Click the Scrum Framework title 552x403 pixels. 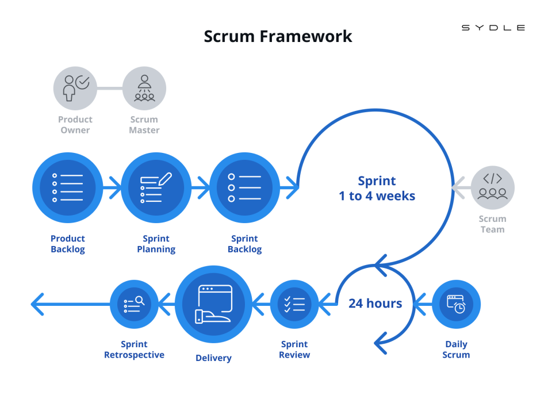pyautogui.click(x=278, y=36)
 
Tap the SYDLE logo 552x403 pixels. pyautogui.click(x=493, y=28)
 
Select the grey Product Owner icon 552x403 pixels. pyautogui.click(x=75, y=88)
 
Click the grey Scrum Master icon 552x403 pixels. pyautogui.click(x=144, y=88)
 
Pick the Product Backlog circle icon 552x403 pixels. pyautogui.click(x=67, y=187)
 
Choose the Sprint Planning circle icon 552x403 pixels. pyautogui.click(x=156, y=187)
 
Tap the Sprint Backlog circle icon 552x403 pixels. pyautogui.click(x=244, y=187)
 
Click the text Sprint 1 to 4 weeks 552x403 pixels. pyautogui.click(x=377, y=188)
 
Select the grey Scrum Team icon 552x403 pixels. pyautogui.click(x=493, y=187)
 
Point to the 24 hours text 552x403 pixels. pyautogui.click(x=375, y=303)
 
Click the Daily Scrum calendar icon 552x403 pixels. pyautogui.click(x=456, y=304)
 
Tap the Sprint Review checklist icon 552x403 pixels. pyautogui.click(x=294, y=304)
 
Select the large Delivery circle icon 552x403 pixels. pyautogui.click(x=213, y=304)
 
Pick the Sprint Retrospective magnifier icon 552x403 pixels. pyautogui.click(x=134, y=304)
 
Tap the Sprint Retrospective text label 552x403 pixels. pyautogui.click(x=134, y=350)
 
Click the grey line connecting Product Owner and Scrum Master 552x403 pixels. pyautogui.click(x=109, y=89)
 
